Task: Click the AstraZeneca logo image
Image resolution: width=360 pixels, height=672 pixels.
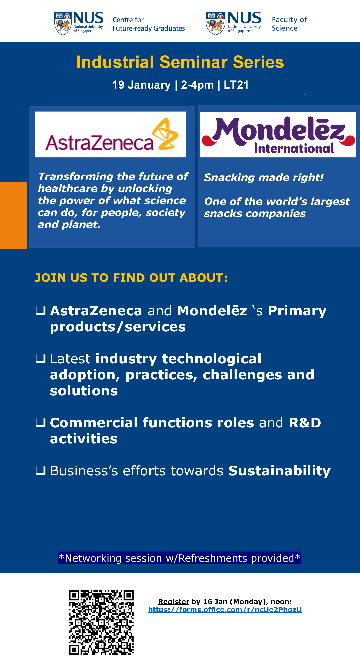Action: [x=110, y=134]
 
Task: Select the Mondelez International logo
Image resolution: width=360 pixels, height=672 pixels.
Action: [x=278, y=134]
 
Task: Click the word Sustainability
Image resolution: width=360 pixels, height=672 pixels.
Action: [x=279, y=471]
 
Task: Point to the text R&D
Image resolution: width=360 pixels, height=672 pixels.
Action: [x=305, y=423]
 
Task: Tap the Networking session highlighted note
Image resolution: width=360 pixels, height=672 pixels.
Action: [x=180, y=558]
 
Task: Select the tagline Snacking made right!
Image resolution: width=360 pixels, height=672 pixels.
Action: [x=264, y=177]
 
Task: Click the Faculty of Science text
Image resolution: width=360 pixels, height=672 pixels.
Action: [x=290, y=24]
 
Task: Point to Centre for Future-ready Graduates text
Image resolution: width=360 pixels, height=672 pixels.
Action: [x=148, y=24]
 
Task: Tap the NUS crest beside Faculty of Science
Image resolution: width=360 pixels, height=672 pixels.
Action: [x=216, y=24]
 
